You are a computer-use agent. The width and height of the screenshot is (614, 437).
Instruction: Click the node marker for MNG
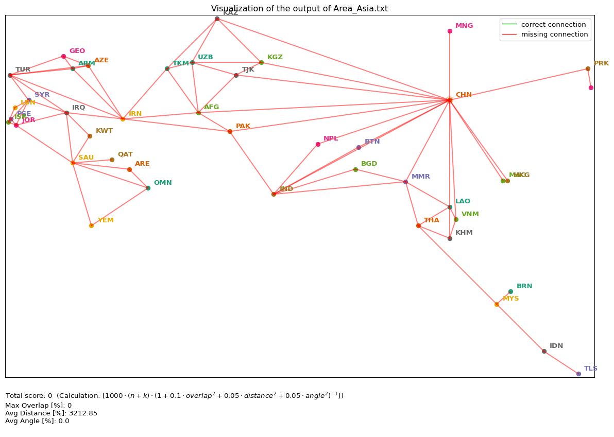pos(450,31)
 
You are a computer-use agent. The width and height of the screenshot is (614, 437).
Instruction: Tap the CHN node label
pos(464,95)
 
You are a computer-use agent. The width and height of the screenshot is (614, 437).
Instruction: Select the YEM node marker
pos(91,225)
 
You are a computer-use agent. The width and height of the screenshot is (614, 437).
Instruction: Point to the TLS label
pos(590,369)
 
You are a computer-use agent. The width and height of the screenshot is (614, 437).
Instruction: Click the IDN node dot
pos(544,351)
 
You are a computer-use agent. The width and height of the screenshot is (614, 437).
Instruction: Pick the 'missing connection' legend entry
pos(554,34)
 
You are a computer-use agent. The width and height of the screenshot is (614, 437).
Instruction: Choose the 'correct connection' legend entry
pos(553,25)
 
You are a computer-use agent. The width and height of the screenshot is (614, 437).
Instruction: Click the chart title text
pos(299,9)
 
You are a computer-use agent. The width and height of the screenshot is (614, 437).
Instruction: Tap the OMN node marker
pos(148,188)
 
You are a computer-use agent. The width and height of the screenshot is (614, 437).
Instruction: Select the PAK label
pos(243,126)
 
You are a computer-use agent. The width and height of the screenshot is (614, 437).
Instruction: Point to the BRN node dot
pos(510,291)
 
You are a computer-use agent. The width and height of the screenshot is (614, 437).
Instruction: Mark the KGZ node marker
pos(261,62)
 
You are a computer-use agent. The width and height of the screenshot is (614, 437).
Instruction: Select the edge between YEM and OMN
pos(120,207)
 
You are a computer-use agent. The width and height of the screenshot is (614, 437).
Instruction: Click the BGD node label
pos(369,164)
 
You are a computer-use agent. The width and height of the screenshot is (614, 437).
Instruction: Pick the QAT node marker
pos(112,160)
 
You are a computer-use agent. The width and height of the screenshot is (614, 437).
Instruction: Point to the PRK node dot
pos(588,68)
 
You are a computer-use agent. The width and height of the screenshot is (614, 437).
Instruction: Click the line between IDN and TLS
pos(561,362)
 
